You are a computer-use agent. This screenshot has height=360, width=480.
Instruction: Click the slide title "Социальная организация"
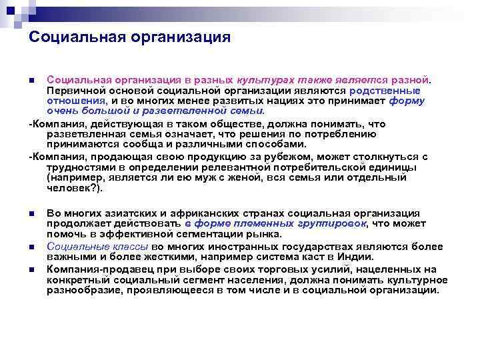click(x=129, y=37)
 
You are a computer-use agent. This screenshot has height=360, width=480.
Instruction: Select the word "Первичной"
click(x=71, y=91)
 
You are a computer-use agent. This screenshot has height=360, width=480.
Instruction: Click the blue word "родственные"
click(x=386, y=91)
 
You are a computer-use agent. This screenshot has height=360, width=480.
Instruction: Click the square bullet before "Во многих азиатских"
click(x=32, y=213)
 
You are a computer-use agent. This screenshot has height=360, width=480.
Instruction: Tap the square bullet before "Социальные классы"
click(x=32, y=247)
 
